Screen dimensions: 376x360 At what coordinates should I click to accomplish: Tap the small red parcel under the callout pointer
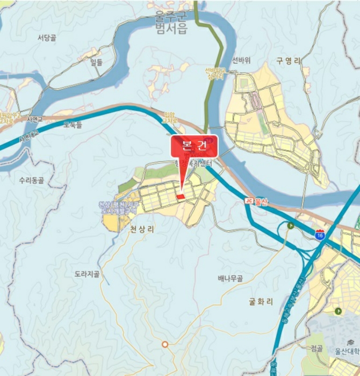[x=181, y=197]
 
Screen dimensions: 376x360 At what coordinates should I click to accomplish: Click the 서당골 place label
[x=47, y=38]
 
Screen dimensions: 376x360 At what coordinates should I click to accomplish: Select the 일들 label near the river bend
[x=96, y=62]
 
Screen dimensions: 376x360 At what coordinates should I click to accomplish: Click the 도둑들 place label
[x=73, y=125]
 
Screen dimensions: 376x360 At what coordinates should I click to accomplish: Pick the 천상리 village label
[x=142, y=229]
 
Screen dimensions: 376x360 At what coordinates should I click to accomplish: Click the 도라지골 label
[x=87, y=274]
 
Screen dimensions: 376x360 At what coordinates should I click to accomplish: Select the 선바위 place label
[x=241, y=60]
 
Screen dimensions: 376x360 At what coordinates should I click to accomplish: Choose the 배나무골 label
[x=230, y=278]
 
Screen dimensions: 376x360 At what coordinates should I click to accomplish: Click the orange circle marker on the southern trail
[x=165, y=344]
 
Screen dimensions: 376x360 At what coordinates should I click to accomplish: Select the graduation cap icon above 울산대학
[x=350, y=342]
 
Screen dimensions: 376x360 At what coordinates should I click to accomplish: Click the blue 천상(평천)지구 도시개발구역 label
[x=119, y=208]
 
